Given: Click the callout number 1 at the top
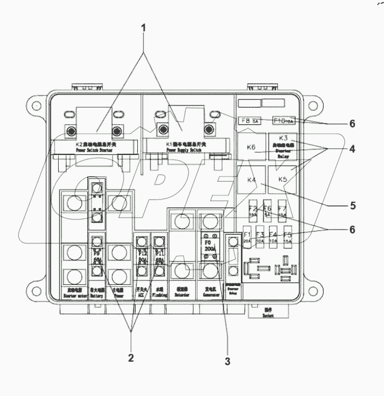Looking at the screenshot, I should click(x=144, y=27).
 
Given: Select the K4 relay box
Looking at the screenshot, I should click(x=251, y=180).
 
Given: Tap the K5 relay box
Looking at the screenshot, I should click(x=283, y=179).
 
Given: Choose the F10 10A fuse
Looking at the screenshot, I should click(x=283, y=121).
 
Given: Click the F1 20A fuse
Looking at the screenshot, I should click(x=247, y=238).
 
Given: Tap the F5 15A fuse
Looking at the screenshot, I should click(x=287, y=238).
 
